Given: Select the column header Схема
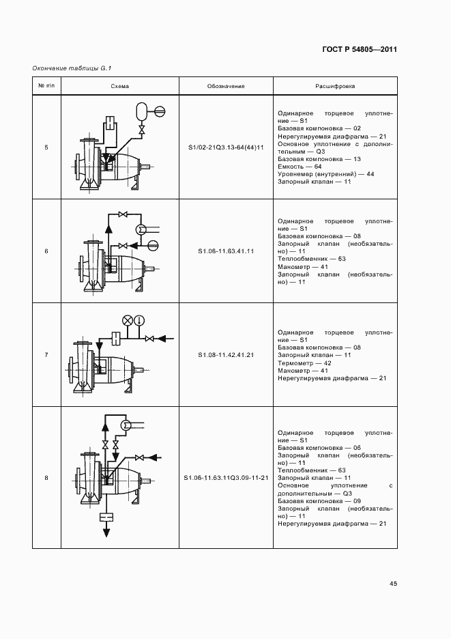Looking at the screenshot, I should [x=120, y=87].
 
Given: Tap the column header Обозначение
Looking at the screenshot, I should [x=226, y=87].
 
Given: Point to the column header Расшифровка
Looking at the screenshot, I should [x=334, y=87].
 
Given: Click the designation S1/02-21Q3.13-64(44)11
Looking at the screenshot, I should [x=226, y=147].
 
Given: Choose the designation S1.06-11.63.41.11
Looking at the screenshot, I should [x=226, y=251].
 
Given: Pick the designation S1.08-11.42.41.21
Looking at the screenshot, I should [x=226, y=355].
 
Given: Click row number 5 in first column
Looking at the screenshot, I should [x=46, y=147].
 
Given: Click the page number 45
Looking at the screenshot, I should [x=393, y=584].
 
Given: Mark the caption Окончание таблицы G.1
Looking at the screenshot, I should [x=72, y=68].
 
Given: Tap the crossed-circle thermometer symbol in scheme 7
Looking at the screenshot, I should [x=127, y=320].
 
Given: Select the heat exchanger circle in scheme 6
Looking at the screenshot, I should [x=141, y=229].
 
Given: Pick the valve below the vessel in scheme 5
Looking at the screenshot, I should [x=143, y=129].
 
